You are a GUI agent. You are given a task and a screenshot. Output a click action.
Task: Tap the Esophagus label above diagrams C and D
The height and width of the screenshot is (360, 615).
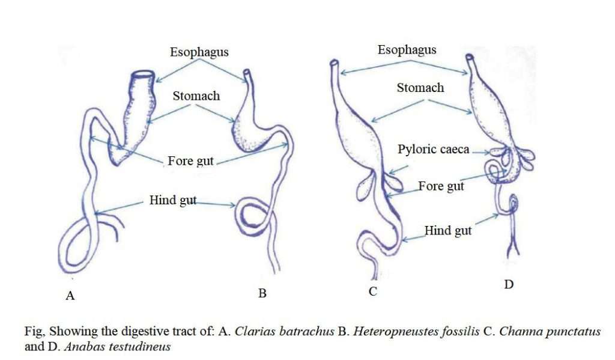(407, 50)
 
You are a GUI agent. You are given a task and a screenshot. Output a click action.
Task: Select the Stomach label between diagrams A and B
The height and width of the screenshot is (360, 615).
(196, 96)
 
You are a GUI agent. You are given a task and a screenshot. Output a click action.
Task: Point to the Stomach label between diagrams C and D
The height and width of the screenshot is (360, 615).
(420, 88)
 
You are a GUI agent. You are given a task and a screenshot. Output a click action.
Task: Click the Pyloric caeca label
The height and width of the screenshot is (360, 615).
(434, 150)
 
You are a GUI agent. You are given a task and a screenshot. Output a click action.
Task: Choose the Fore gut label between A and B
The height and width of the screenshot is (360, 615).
(190, 161)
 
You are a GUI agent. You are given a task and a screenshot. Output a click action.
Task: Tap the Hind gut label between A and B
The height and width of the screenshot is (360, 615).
(173, 200)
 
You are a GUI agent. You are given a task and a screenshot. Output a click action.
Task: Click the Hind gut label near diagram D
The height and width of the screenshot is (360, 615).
(448, 230)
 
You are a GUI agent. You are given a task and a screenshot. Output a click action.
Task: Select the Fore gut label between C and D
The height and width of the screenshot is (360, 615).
(441, 186)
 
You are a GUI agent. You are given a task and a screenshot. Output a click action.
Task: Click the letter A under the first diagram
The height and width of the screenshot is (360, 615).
(70, 296)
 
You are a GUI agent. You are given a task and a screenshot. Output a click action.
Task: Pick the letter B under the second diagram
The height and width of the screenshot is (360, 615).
(262, 293)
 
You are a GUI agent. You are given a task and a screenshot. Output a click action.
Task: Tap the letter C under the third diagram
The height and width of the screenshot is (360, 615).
(372, 291)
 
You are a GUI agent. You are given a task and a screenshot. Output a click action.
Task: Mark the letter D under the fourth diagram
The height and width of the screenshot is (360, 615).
(509, 285)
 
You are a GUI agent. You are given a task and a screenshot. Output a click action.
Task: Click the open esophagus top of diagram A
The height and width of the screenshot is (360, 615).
(142, 75)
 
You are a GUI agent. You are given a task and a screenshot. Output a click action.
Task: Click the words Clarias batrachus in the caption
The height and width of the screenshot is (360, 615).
(284, 331)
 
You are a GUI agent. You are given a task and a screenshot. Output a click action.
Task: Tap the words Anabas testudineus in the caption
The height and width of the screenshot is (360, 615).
(117, 347)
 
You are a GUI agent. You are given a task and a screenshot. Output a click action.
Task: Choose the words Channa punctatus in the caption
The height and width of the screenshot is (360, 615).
(550, 331)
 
